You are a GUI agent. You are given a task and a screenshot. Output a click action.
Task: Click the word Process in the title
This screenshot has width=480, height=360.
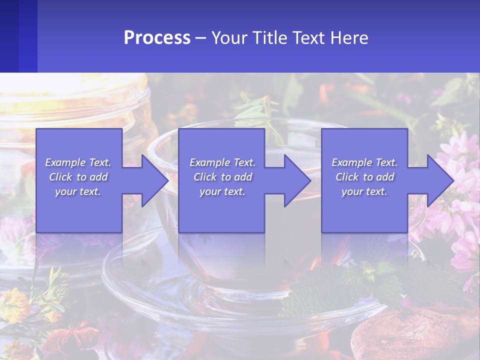coord(157,38)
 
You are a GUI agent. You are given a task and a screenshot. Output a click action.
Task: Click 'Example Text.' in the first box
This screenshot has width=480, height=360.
coord(78,162)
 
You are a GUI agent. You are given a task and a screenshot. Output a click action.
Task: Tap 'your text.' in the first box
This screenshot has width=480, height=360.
coord(78,191)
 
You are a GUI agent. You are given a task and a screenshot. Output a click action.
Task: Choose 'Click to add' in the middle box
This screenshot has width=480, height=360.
coord(222,177)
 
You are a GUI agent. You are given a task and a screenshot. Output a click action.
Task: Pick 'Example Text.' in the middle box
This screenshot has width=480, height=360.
coord(222,162)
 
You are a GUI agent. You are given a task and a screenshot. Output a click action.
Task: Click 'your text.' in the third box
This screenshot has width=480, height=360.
coord(364,191)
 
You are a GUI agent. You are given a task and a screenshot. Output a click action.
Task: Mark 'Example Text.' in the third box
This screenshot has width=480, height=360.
coord(364,162)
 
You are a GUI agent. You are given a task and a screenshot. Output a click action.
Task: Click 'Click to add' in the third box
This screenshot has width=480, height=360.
coord(364,177)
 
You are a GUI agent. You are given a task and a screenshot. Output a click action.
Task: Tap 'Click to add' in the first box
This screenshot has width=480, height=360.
coord(78,177)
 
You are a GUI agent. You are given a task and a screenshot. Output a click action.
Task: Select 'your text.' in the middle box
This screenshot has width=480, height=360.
coord(222,191)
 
